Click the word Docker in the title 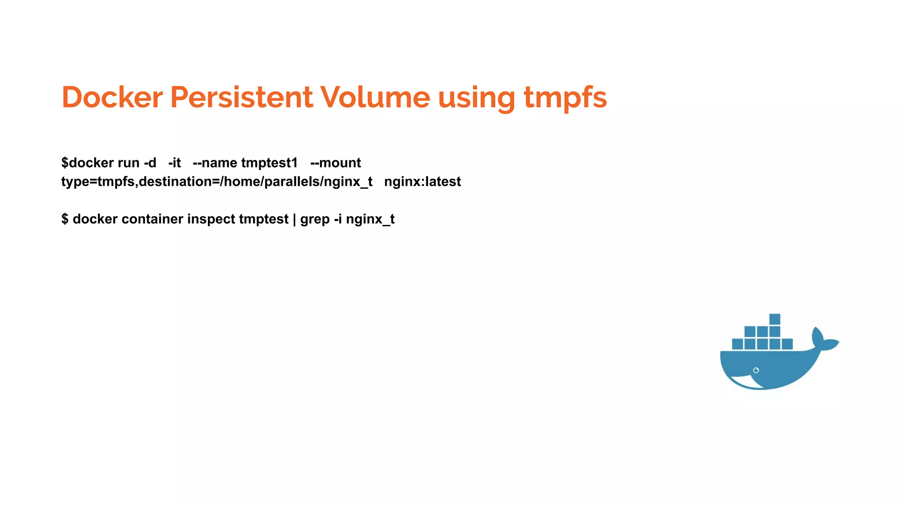click(x=112, y=97)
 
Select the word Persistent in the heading click(x=241, y=97)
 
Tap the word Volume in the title click(x=375, y=97)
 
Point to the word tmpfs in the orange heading click(x=565, y=98)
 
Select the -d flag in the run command click(x=150, y=163)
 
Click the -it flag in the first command click(x=174, y=163)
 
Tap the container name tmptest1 click(x=269, y=163)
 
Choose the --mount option click(x=335, y=163)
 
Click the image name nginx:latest click(x=422, y=181)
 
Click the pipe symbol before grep click(x=294, y=219)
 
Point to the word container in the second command click(x=152, y=219)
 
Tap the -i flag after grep click(x=337, y=219)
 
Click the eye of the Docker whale click(x=756, y=370)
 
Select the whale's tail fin click(x=824, y=340)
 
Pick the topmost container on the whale click(x=775, y=319)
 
